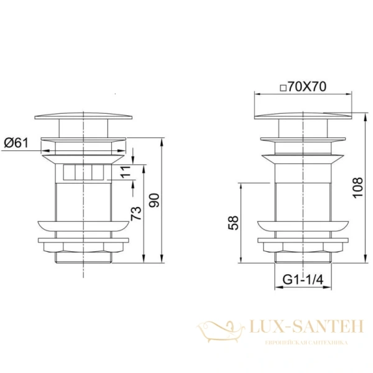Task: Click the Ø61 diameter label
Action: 16,143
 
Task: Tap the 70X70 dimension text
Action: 307,86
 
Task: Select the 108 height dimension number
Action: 358,188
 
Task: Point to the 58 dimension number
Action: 233,223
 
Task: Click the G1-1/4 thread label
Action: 303,279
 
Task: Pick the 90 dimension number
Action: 154,200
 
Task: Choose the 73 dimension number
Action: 136,213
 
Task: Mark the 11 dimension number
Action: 126,172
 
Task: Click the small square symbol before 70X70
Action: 283,88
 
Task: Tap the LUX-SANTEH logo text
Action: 306,326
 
